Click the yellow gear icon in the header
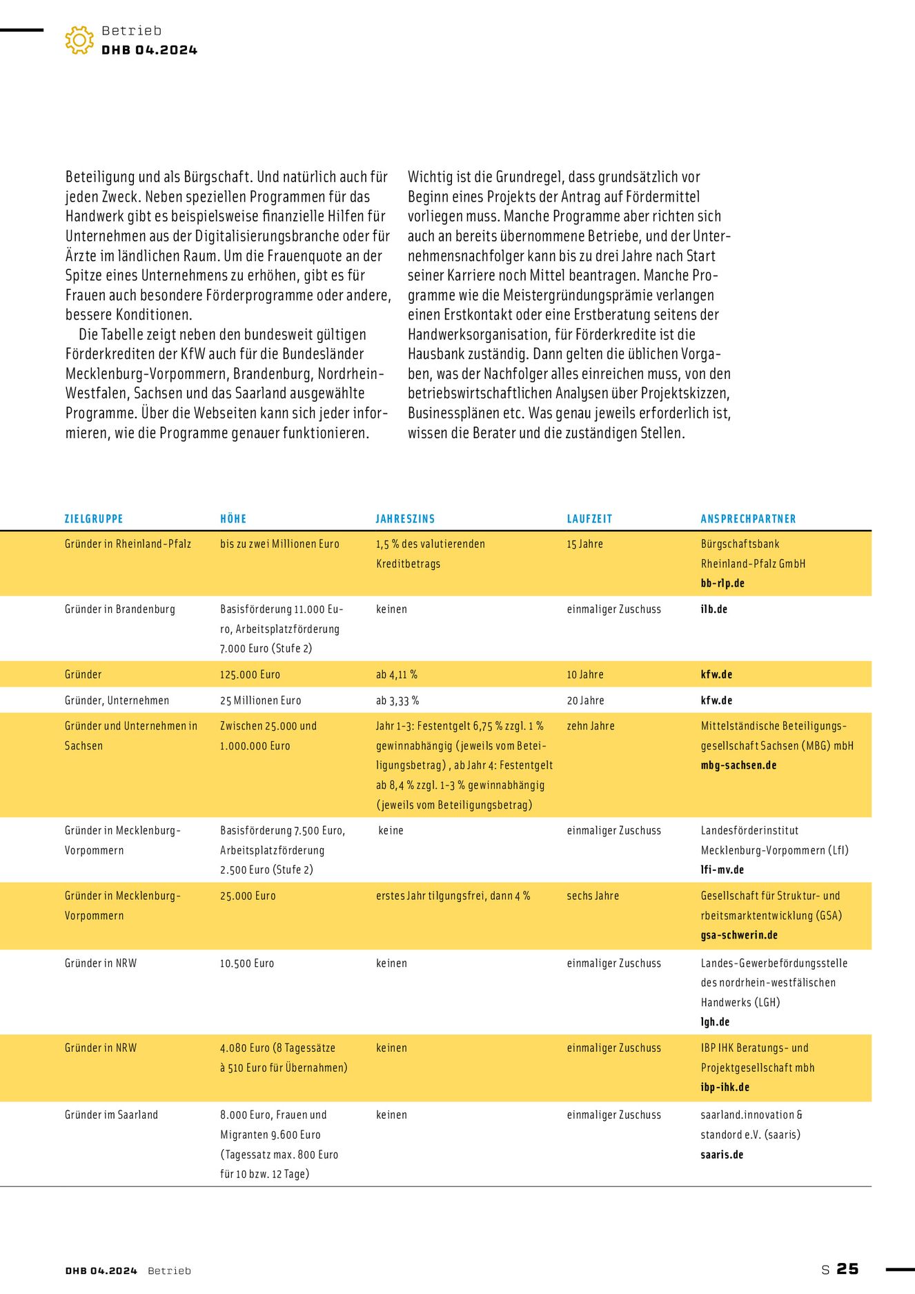click(79, 40)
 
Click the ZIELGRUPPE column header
click(94, 519)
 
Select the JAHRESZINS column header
click(405, 519)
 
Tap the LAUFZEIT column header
click(589, 519)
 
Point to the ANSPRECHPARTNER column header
click(748, 519)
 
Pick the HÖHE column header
click(233, 519)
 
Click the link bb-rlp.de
click(722, 583)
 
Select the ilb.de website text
click(714, 609)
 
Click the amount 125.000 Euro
click(250, 674)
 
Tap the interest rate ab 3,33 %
click(397, 700)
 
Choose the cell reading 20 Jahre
click(585, 700)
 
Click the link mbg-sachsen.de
click(738, 765)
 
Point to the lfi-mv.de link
click(722, 870)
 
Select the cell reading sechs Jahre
click(593, 896)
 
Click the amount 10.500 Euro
click(247, 963)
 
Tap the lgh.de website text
click(715, 1022)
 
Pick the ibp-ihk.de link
click(725, 1087)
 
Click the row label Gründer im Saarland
click(111, 1115)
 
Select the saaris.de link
click(722, 1155)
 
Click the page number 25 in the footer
click(847, 1268)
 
